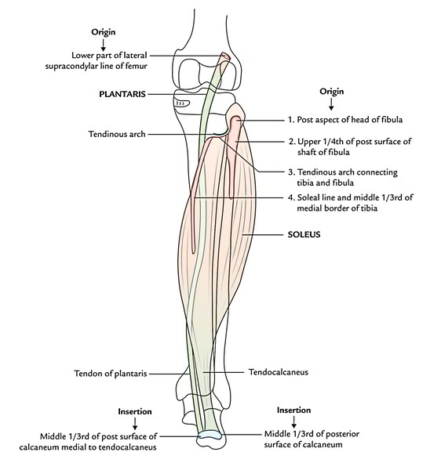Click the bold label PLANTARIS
(x=122, y=94)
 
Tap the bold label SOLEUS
(x=304, y=234)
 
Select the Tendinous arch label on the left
(x=117, y=134)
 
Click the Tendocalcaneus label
(x=279, y=372)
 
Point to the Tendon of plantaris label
(x=111, y=374)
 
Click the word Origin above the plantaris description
(x=104, y=32)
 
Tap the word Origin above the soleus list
(x=331, y=92)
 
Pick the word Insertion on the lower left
(x=135, y=411)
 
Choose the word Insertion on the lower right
(x=293, y=410)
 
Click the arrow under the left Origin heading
(x=103, y=45)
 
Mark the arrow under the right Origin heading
(x=331, y=104)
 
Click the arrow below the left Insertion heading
(x=135, y=424)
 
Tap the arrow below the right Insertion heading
(x=294, y=422)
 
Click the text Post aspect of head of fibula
(x=350, y=120)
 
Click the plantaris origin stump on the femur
(x=225, y=56)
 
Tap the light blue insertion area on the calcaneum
(x=210, y=434)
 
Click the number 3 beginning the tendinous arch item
(x=290, y=172)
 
